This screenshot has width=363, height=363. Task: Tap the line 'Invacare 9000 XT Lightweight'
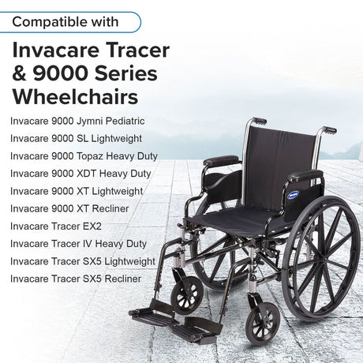[77, 191]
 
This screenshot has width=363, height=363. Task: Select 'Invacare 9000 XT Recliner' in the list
[69, 208]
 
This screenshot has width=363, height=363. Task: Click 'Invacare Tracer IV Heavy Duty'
[78, 243]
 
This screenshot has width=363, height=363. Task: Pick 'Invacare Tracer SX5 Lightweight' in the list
[83, 260]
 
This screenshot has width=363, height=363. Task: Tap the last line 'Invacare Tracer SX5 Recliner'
[76, 279]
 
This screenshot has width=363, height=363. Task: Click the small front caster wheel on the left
[188, 295]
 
